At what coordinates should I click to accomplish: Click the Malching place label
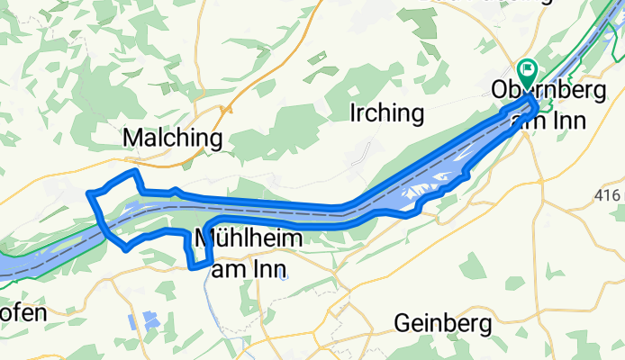tap(171, 139)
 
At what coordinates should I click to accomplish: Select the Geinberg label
tap(441, 323)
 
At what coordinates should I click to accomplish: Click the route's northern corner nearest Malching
tap(134, 170)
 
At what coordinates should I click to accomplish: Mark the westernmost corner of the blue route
tap(88, 193)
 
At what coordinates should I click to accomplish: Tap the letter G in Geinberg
tap(401, 323)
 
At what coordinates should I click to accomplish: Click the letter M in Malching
tap(130, 139)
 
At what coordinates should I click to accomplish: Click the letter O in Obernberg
tap(501, 91)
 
